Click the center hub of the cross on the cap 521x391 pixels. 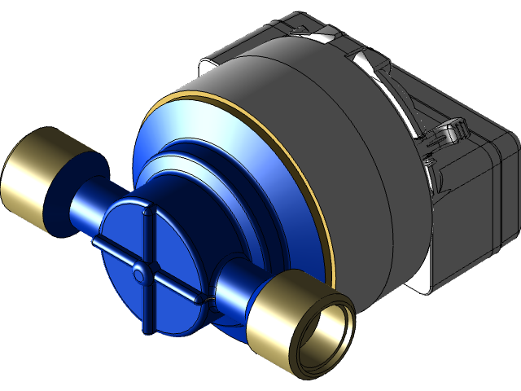[x=141, y=270]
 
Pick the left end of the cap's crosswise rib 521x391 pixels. [x=96, y=243]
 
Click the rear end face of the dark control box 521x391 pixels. [x=480, y=204]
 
